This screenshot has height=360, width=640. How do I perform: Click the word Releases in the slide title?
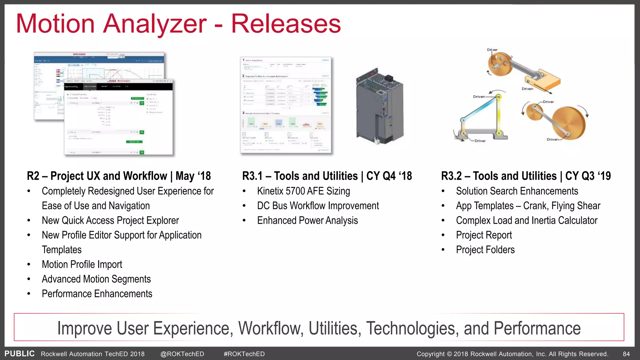pos(286,24)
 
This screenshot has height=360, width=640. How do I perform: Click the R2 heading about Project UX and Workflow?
pos(119,176)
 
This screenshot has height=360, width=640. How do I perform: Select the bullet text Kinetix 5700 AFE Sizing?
pos(303,191)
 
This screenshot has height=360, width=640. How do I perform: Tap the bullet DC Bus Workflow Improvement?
pos(318,206)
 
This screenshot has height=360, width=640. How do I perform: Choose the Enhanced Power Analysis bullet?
pos(307,220)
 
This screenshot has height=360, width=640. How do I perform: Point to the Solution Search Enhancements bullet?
pos(517,191)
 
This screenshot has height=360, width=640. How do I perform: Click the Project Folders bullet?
pos(485,250)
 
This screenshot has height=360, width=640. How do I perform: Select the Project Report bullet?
pos(484,235)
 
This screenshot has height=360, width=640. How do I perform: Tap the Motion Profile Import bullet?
pos(82,264)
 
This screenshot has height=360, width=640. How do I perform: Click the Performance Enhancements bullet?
pos(97,294)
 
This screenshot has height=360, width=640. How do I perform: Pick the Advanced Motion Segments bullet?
pos(96,279)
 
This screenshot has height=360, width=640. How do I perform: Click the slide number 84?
pos(626,354)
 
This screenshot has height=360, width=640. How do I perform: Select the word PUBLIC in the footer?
pos(19,353)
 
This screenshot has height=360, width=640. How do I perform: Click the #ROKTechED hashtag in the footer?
pos(244,354)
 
